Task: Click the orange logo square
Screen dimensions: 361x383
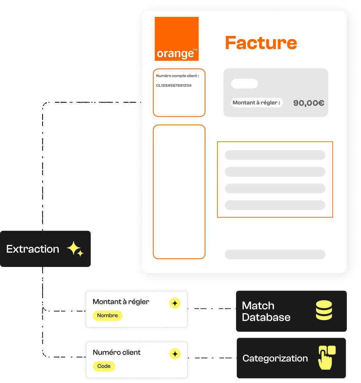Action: pyautogui.click(x=177, y=39)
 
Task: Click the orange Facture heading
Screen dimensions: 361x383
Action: pyautogui.click(x=261, y=43)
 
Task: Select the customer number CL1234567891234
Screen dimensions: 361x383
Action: pyautogui.click(x=174, y=85)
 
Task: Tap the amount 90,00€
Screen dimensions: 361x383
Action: pyautogui.click(x=309, y=103)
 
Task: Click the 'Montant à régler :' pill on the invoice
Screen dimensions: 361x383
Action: pyautogui.click(x=257, y=103)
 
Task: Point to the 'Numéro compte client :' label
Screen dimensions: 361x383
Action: pyautogui.click(x=177, y=76)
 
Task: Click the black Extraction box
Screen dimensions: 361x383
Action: pyautogui.click(x=45, y=249)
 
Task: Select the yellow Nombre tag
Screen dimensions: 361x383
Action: pyautogui.click(x=107, y=315)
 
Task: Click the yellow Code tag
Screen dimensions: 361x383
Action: pyautogui.click(x=104, y=366)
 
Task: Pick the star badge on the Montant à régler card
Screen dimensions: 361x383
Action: pyautogui.click(x=175, y=303)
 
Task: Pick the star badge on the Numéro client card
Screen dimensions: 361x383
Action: pyautogui.click(x=175, y=354)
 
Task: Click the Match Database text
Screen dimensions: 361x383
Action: pyautogui.click(x=266, y=311)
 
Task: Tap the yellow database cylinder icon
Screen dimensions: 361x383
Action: pyautogui.click(x=324, y=310)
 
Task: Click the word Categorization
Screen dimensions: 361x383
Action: pyautogui.click(x=275, y=358)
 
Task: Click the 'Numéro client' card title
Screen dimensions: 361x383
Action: pyautogui.click(x=117, y=352)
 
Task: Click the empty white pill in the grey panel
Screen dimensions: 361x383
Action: pyautogui.click(x=244, y=83)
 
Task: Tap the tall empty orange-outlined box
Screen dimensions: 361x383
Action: pyautogui.click(x=153, y=192)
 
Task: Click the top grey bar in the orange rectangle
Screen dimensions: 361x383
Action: pyautogui.click(x=275, y=155)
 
